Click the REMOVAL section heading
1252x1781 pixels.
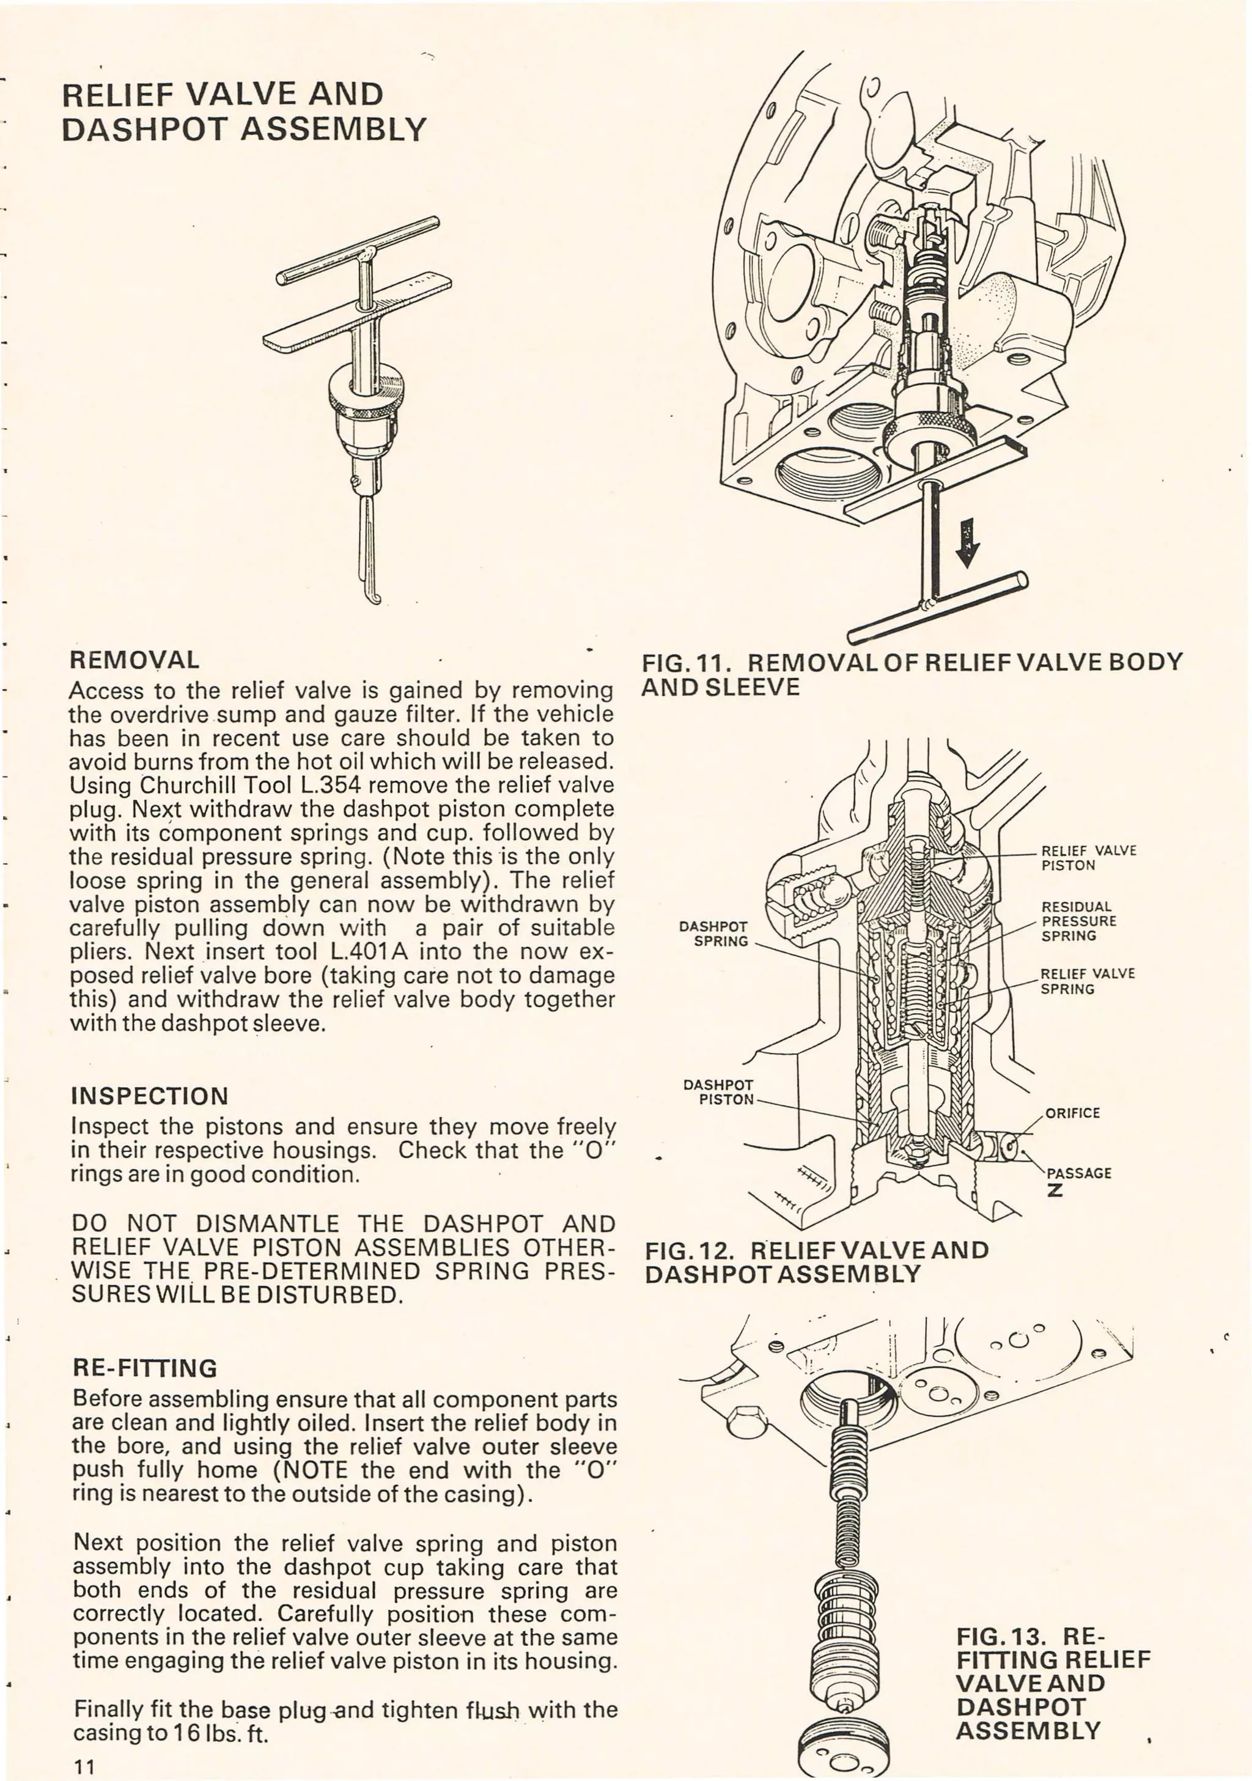(x=134, y=660)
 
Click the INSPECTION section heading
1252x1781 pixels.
(x=149, y=1096)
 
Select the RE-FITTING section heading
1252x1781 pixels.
(x=144, y=1368)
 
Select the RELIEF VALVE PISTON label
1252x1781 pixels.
(x=1088, y=858)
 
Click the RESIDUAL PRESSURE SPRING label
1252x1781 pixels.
(x=1078, y=921)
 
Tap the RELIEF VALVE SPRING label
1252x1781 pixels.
(x=1087, y=981)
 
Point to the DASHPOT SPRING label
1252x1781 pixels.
(x=713, y=934)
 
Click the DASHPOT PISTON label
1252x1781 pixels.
(x=718, y=1091)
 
